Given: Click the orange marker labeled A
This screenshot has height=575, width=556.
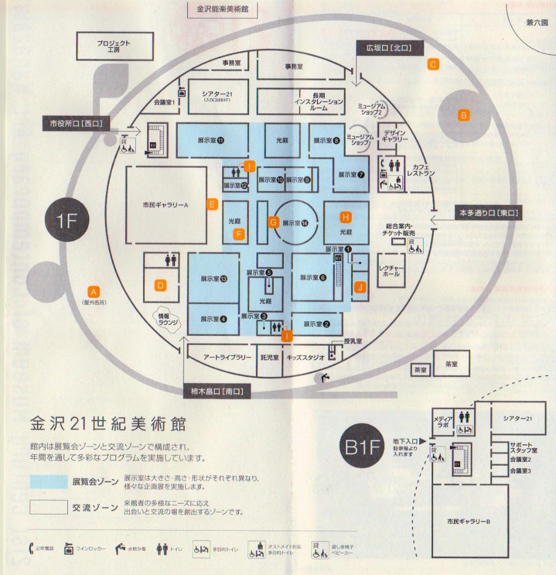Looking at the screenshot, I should pyautogui.click(x=94, y=291).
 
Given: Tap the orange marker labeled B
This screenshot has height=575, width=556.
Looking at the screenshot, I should pyautogui.click(x=463, y=115).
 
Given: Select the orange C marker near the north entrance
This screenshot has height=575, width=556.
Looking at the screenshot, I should pyautogui.click(x=433, y=64).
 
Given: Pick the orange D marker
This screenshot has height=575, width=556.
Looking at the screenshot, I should pyautogui.click(x=161, y=286).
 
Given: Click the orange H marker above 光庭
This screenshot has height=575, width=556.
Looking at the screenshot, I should pyautogui.click(x=346, y=217).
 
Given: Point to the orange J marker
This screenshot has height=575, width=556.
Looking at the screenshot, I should pyautogui.click(x=361, y=287).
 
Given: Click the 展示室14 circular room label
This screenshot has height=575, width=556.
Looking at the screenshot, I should pyautogui.click(x=296, y=223).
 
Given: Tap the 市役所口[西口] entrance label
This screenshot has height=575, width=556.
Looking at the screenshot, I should pyautogui.click(x=76, y=124).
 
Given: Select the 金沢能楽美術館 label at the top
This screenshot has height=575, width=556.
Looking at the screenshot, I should pyautogui.click(x=219, y=10).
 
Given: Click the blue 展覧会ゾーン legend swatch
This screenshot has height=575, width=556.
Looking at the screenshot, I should pyautogui.click(x=49, y=481).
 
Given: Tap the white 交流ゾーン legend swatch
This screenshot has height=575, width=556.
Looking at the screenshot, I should pyautogui.click(x=49, y=508).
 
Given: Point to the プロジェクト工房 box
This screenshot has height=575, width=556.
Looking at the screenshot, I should pyautogui.click(x=114, y=46).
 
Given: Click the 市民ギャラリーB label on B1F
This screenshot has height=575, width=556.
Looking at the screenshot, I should pyautogui.click(x=469, y=522).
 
